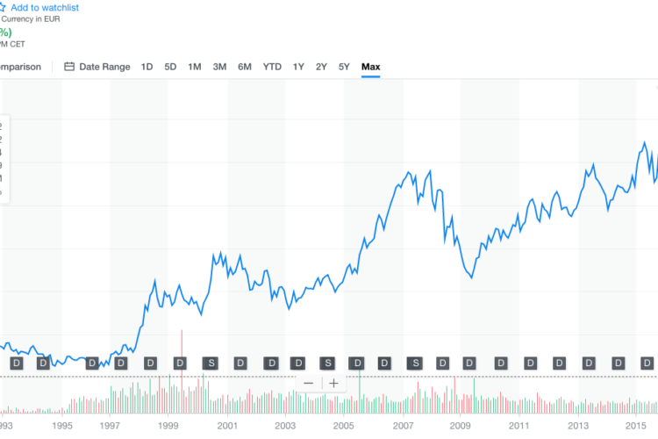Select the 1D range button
[x=147, y=67]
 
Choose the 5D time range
[x=170, y=67]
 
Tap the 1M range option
[x=195, y=67]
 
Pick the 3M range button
[x=219, y=67]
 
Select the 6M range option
[x=245, y=67]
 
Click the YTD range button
[x=272, y=67]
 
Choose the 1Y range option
[x=298, y=67]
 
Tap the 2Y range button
[x=321, y=67]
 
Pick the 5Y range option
[x=344, y=67]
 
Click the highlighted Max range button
[x=371, y=67]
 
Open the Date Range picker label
[x=104, y=67]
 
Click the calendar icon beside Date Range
[x=70, y=67]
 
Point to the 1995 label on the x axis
[x=61, y=426]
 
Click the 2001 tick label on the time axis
[x=228, y=426]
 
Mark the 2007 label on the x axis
[x=403, y=426]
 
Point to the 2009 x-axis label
[x=461, y=426]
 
